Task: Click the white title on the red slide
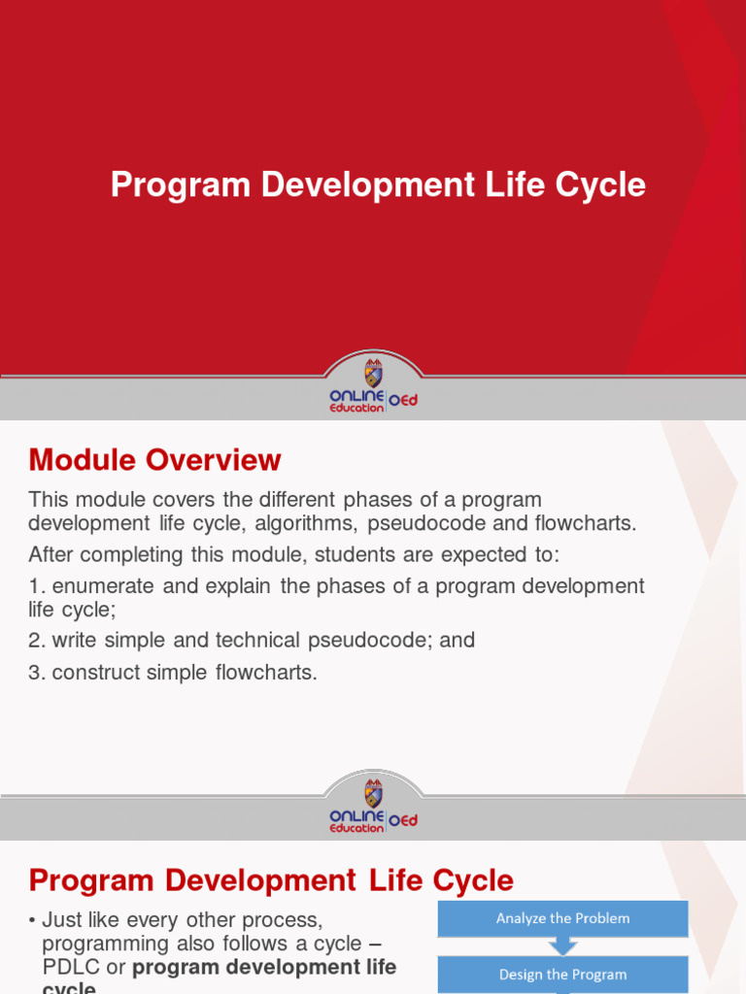pyautogui.click(x=378, y=184)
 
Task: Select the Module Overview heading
pyautogui.click(x=154, y=459)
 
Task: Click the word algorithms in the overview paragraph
pyautogui.click(x=313, y=524)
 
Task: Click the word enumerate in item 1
pyautogui.click(x=96, y=586)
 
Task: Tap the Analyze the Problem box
pyautogui.click(x=562, y=918)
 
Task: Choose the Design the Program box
pyautogui.click(x=562, y=974)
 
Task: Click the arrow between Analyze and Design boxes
pyautogui.click(x=562, y=945)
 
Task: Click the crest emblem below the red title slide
pyautogui.click(x=373, y=374)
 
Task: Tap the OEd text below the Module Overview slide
pyautogui.click(x=403, y=820)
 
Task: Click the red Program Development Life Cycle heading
pyautogui.click(x=271, y=880)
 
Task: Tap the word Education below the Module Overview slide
pyautogui.click(x=356, y=828)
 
